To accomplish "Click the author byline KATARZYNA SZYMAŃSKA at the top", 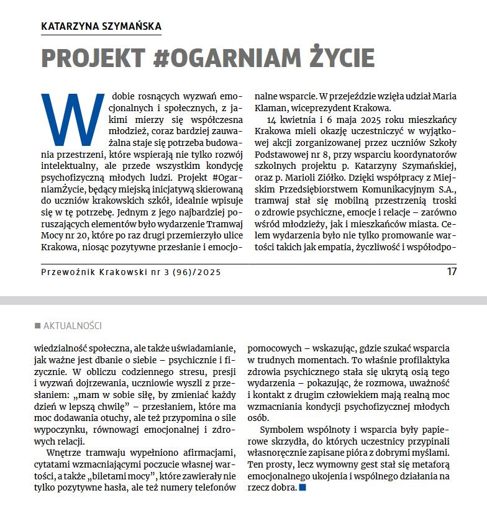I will click(101, 26).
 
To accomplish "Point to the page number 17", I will click(452, 271).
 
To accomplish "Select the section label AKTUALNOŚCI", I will click(73, 326).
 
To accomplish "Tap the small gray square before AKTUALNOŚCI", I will click(38, 326).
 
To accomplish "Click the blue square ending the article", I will click(303, 488).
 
